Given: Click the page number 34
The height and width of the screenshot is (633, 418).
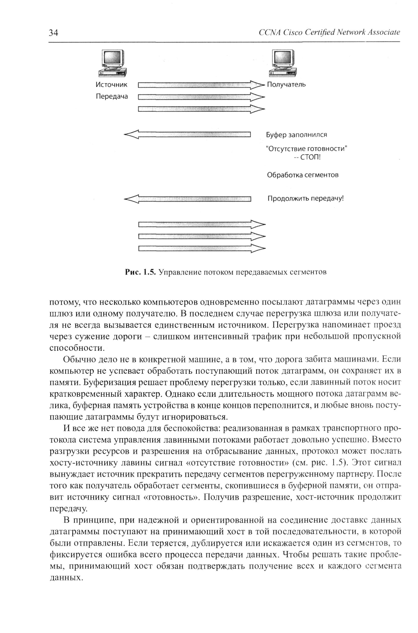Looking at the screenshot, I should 54,33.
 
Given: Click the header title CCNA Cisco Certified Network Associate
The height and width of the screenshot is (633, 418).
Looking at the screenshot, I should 329,32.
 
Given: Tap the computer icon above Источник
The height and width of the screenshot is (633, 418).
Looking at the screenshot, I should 112,63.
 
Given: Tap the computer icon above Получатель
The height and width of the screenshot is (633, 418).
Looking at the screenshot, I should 284,63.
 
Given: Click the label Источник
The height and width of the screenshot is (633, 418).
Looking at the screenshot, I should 111,84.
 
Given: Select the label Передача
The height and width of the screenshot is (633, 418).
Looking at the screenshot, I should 112,97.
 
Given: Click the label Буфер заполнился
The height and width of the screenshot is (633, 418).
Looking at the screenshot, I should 296,135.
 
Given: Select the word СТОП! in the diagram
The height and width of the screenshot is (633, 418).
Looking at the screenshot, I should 311,157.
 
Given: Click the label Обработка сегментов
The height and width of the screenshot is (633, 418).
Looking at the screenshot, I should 303,175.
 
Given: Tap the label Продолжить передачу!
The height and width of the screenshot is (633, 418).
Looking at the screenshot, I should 305,199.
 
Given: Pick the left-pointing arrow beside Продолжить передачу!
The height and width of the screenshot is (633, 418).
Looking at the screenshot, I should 187,199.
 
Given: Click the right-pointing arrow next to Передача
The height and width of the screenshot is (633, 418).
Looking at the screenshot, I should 201,97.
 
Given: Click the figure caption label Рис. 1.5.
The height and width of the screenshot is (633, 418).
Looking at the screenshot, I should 140,272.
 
